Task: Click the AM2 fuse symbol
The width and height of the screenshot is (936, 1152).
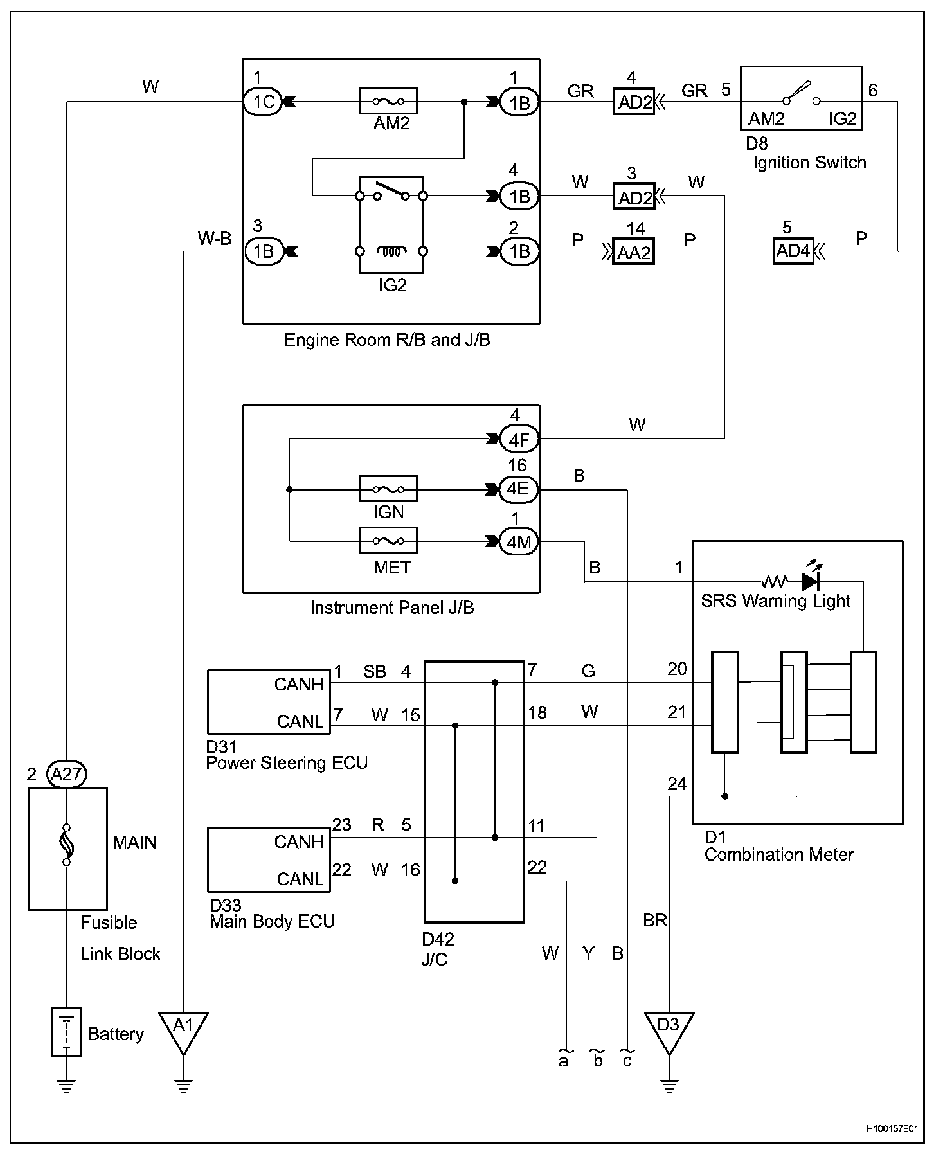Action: click(388, 101)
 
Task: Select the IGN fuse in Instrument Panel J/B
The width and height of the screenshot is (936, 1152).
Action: click(388, 489)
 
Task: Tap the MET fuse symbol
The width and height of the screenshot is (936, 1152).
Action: click(388, 541)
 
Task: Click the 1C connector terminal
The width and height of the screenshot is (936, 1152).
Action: click(263, 102)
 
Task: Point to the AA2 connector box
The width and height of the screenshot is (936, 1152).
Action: click(634, 252)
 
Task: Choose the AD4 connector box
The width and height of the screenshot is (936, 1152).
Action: click(793, 251)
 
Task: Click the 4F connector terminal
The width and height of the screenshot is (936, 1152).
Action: click(519, 440)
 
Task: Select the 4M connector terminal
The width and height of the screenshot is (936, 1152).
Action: click(519, 542)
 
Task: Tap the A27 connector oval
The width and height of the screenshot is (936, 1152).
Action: click(67, 774)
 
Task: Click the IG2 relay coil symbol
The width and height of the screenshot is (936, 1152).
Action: click(391, 251)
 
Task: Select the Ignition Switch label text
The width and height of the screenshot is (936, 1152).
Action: click(809, 163)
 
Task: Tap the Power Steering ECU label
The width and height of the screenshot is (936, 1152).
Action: click(287, 763)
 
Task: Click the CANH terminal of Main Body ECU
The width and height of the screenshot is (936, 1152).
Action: click(298, 842)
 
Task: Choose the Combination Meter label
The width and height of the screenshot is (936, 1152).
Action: click(779, 855)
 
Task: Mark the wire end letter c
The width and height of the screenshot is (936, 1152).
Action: click(627, 1061)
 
